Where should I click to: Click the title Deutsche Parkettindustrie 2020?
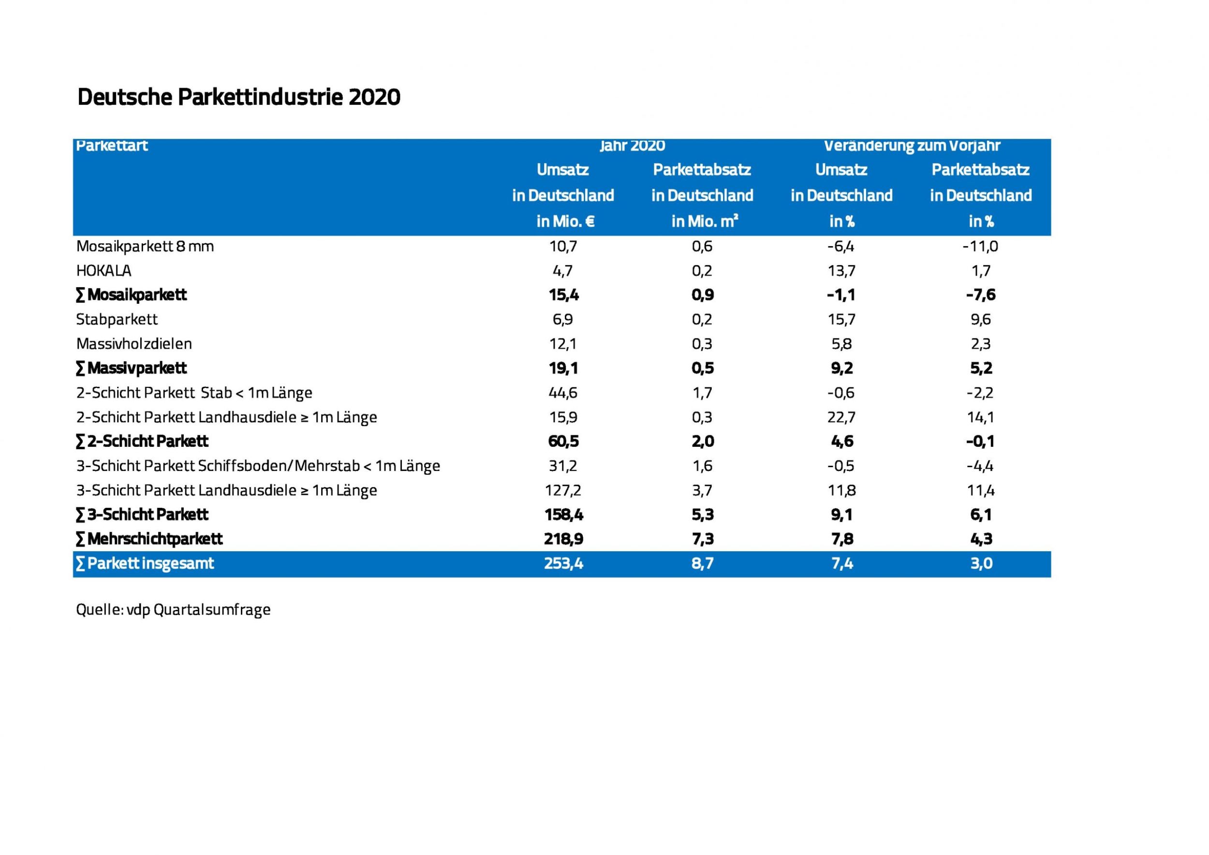point(238,97)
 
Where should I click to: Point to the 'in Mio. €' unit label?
point(565,221)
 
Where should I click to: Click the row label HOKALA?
point(104,271)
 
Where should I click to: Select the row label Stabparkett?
point(117,320)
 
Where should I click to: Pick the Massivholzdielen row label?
point(134,344)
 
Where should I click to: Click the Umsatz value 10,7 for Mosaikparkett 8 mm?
point(563,246)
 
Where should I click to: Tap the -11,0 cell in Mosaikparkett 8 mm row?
point(980,246)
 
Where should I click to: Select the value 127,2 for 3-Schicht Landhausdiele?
point(563,491)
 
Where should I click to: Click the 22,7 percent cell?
point(841,417)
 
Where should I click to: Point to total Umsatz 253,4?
point(563,564)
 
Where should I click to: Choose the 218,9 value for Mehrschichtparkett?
point(563,539)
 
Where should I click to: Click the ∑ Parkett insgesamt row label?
point(145,564)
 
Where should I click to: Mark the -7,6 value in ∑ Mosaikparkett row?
point(980,295)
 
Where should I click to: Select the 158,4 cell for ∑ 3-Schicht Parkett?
point(563,515)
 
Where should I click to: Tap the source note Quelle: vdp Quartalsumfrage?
point(173,610)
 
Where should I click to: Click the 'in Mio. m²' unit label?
point(704,221)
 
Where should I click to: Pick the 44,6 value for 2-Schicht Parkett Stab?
point(563,393)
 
